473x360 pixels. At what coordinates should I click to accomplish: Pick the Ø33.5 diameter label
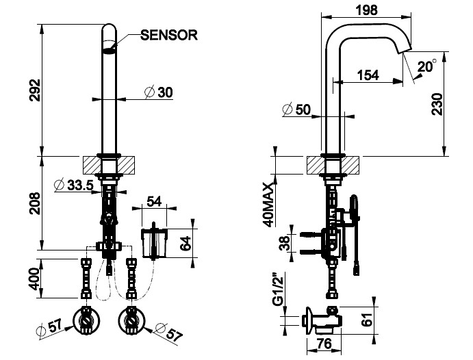74,185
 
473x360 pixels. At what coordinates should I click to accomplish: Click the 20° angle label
426,67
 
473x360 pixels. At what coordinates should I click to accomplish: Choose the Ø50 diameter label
297,110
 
